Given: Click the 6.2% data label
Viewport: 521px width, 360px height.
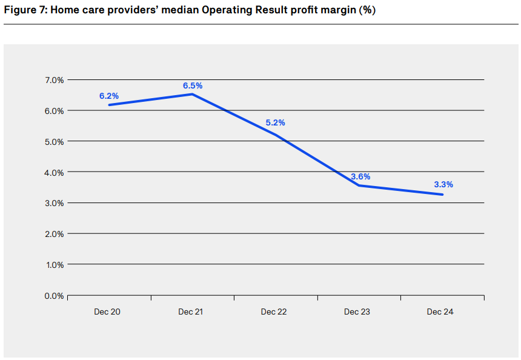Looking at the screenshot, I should pyautogui.click(x=109, y=96).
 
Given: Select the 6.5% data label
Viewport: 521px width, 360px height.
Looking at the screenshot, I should pyautogui.click(x=193, y=85).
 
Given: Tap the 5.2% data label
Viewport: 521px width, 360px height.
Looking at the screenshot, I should pyautogui.click(x=275, y=122).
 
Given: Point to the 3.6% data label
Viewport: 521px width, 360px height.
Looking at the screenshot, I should pyautogui.click(x=360, y=176).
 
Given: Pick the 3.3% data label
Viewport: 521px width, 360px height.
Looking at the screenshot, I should pyautogui.click(x=443, y=184).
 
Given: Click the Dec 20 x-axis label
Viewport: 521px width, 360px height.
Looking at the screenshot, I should pyautogui.click(x=107, y=312).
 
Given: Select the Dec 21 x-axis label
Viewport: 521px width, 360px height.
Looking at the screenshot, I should pyautogui.click(x=190, y=312).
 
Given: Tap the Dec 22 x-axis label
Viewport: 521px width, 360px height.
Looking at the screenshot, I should pyautogui.click(x=274, y=312).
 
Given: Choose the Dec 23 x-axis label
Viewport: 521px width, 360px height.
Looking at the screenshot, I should pyautogui.click(x=357, y=312).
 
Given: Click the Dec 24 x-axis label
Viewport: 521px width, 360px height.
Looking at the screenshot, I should pyautogui.click(x=440, y=312).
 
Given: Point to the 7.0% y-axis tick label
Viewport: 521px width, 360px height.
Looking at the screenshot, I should pyautogui.click(x=54, y=80).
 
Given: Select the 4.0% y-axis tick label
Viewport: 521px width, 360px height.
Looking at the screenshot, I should pyautogui.click(x=54, y=172).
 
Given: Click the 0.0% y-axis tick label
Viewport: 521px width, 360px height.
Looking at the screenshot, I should pyautogui.click(x=54, y=296).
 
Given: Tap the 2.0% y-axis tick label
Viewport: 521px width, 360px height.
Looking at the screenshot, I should pyautogui.click(x=54, y=234).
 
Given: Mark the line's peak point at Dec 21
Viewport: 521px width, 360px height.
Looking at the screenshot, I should pyautogui.click(x=192, y=94).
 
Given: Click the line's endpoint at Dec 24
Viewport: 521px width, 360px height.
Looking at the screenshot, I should pyautogui.click(x=443, y=195).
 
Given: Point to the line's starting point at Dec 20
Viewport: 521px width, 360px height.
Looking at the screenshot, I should pyautogui.click(x=109, y=105).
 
